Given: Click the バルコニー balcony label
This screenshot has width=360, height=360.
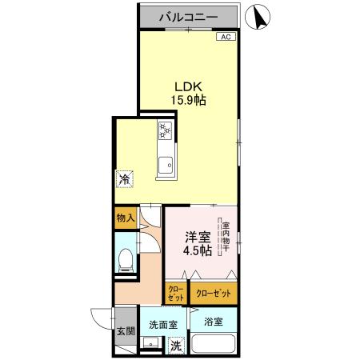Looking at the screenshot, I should click(189, 15).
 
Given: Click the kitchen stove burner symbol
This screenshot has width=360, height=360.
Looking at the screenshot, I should click(165, 130).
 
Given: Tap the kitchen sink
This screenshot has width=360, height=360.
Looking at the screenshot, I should click(166, 166).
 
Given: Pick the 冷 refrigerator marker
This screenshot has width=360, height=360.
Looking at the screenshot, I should click(124, 180).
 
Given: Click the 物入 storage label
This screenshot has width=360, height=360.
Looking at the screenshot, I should click(125, 217).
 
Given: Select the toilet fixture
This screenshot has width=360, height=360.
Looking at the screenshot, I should click(124, 259).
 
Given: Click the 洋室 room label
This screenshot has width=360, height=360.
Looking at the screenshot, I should click(196, 236).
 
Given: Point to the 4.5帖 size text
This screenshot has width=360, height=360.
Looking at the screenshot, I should click(195, 250).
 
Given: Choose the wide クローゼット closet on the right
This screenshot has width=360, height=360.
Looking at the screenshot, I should click(214, 294).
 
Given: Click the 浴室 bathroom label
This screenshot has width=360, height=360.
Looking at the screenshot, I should click(212, 322).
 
